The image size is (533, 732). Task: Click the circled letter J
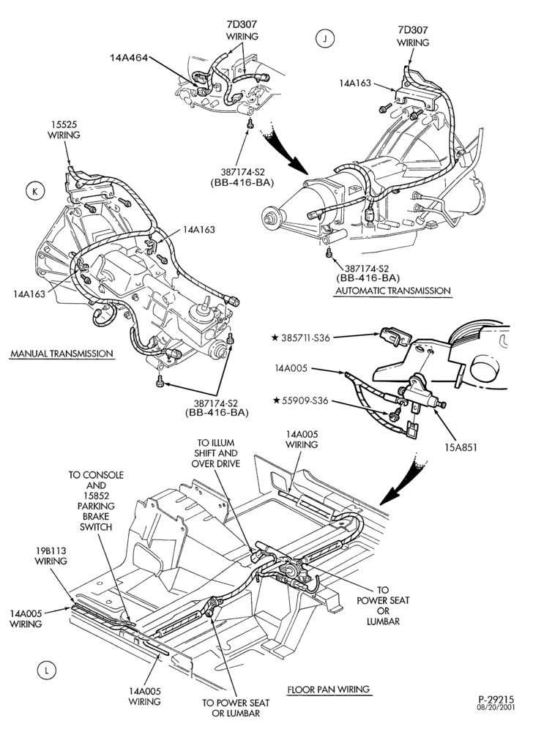(x=325, y=40)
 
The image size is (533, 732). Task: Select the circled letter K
(x=35, y=192)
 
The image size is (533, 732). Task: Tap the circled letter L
(x=46, y=671)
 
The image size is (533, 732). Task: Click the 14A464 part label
(x=129, y=59)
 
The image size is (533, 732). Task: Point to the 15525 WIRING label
(x=64, y=130)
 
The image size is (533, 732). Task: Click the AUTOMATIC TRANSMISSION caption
(x=393, y=291)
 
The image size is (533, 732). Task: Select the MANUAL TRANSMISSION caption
(x=61, y=354)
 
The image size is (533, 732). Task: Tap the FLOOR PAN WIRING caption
(x=328, y=689)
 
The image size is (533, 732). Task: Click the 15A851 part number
(x=461, y=447)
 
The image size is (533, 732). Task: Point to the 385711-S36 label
(x=305, y=337)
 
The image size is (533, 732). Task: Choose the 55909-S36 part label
(x=305, y=400)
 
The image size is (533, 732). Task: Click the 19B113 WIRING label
(x=51, y=556)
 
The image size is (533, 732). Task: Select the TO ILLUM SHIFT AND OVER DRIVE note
(x=216, y=453)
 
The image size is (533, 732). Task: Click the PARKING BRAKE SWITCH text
(x=96, y=516)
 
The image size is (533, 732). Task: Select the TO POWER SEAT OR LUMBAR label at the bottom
(x=236, y=708)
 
